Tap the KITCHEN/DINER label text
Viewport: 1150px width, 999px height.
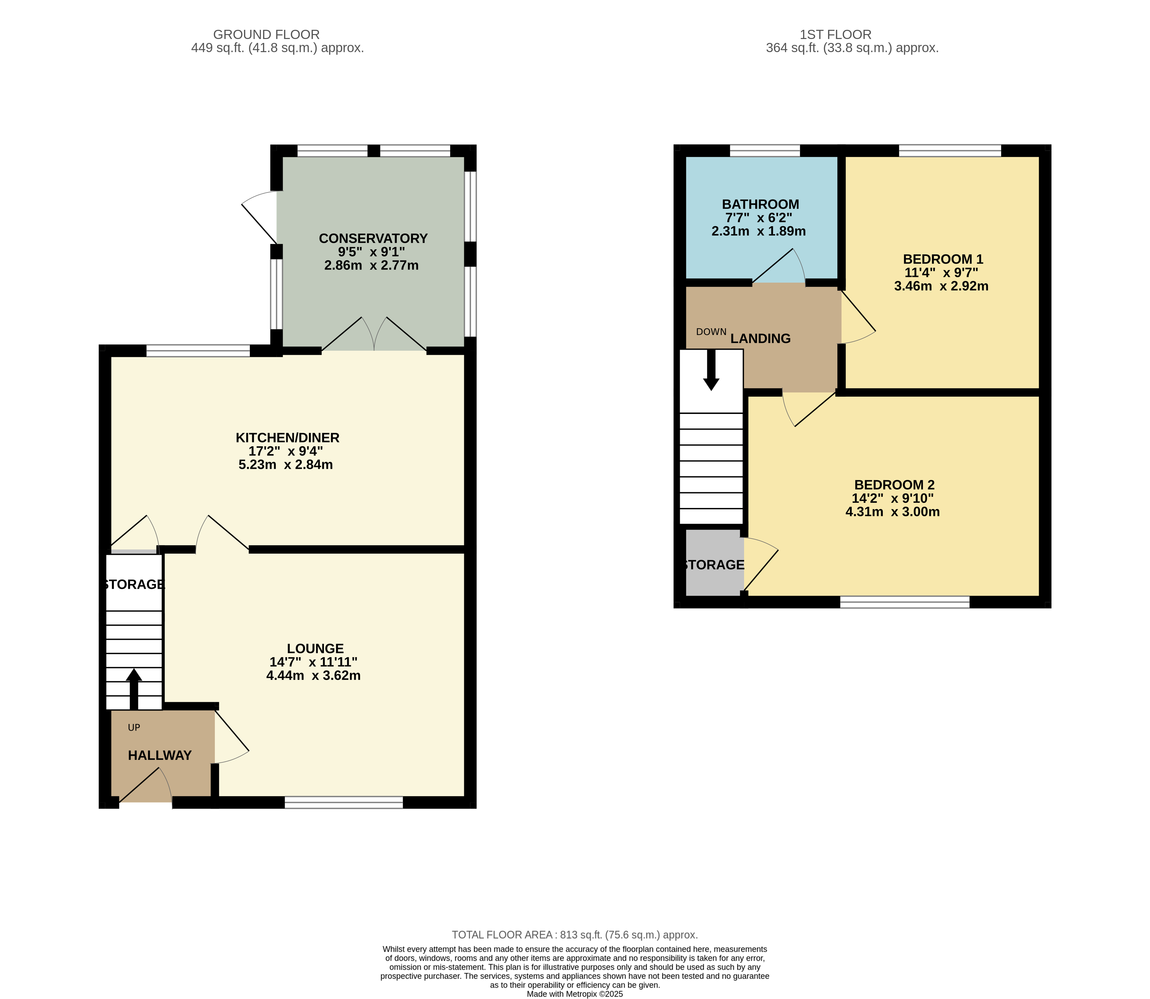point(287,438)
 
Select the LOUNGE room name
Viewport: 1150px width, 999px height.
point(315,648)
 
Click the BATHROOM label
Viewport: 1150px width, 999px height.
point(760,205)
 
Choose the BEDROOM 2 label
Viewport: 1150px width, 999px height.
point(894,485)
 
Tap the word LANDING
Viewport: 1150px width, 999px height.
point(760,338)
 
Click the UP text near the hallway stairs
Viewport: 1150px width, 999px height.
point(134,728)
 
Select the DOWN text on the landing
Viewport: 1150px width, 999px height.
point(711,332)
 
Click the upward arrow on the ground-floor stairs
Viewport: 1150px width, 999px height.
point(134,689)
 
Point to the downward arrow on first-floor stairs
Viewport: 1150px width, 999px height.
point(711,370)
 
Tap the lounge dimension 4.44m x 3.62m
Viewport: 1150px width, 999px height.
point(313,676)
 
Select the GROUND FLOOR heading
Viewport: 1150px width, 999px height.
point(267,34)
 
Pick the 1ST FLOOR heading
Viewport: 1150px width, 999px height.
point(836,34)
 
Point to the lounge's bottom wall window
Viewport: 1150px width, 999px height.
point(344,803)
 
